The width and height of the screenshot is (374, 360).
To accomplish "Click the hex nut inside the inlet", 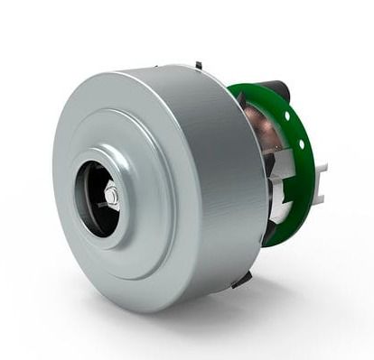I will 110,195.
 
